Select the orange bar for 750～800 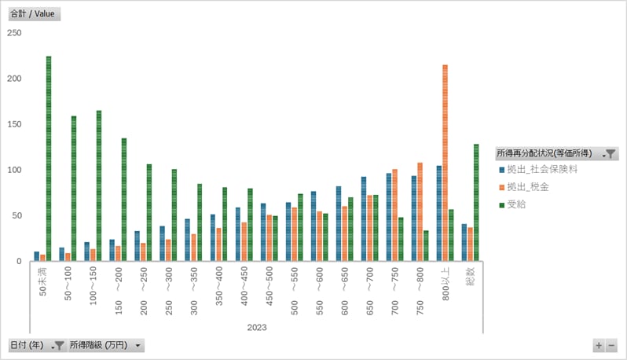420,212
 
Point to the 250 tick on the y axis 14,33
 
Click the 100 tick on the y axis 14,170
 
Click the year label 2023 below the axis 257,326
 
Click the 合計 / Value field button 34,14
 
